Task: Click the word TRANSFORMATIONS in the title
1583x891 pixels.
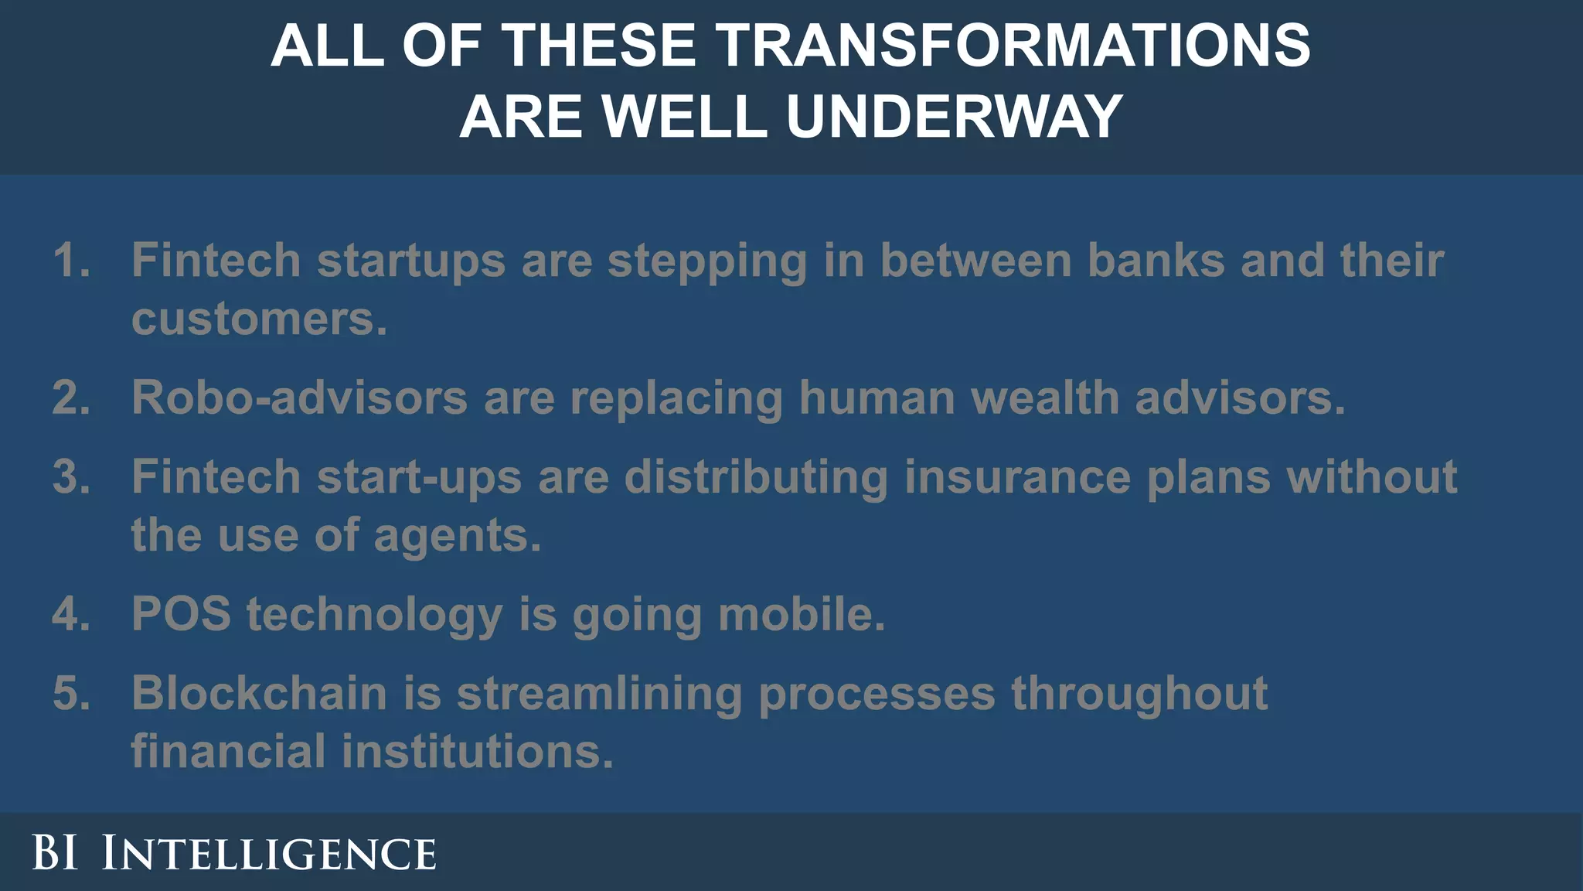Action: [1014, 46]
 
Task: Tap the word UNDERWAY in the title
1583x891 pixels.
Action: [955, 117]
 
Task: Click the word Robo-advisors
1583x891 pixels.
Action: [299, 398]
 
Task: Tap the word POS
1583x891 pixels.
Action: [181, 614]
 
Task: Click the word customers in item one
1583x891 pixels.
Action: [258, 319]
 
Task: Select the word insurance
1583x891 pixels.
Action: [1017, 476]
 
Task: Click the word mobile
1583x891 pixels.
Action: [802, 614]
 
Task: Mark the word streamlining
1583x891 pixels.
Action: [599, 694]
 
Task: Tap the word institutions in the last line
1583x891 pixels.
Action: [477, 751]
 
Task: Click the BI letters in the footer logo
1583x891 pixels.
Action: [55, 853]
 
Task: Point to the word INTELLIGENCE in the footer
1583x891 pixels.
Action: [269, 853]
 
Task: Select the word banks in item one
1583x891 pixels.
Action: [1156, 260]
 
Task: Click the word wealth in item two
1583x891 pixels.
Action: [1044, 398]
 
